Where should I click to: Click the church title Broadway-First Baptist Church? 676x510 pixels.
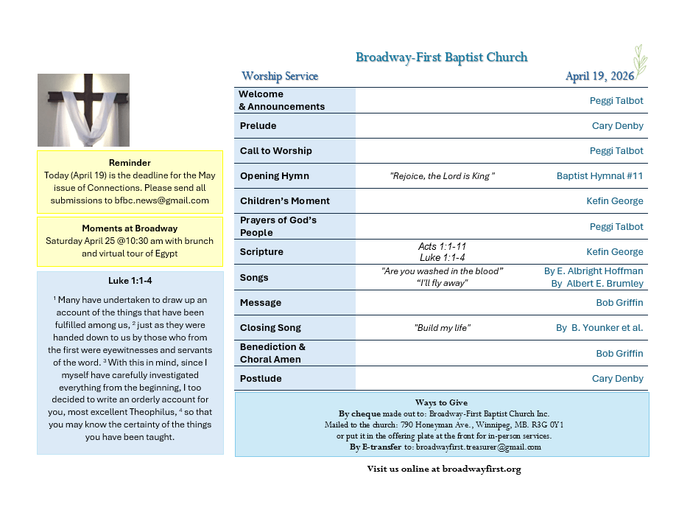(441, 57)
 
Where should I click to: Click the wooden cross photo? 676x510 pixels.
(83, 110)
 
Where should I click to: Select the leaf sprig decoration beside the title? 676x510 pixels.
(640, 60)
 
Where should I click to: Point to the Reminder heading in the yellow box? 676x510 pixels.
(130, 163)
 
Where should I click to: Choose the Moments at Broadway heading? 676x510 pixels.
(130, 228)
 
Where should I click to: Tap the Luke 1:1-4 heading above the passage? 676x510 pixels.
(130, 281)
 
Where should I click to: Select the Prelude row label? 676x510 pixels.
(258, 126)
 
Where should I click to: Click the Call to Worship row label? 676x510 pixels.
(276, 151)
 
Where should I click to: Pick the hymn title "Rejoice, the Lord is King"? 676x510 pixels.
(442, 176)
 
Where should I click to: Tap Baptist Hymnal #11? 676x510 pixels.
(599, 176)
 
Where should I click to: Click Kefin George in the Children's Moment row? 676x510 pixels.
(615, 201)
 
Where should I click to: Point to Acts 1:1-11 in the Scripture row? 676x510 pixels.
(442, 246)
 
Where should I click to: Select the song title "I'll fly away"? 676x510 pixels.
(442, 283)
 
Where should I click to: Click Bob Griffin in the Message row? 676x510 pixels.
(619, 303)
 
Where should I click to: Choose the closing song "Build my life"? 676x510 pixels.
(442, 328)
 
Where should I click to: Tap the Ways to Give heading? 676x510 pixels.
(442, 402)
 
